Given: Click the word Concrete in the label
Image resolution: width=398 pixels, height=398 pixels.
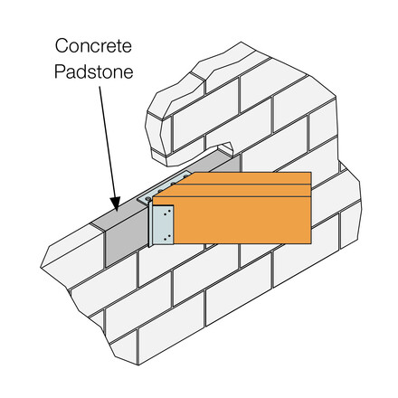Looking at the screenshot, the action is pyautogui.click(x=93, y=46).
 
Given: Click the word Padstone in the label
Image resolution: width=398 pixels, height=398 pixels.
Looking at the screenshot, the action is pyautogui.click(x=94, y=71).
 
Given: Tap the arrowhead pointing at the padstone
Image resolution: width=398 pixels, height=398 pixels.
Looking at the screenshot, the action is pyautogui.click(x=115, y=204).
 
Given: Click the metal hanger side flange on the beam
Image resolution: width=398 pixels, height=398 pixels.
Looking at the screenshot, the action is pyautogui.click(x=163, y=224).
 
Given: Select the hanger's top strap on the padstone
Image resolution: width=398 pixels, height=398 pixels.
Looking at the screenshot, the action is pyautogui.click(x=165, y=186).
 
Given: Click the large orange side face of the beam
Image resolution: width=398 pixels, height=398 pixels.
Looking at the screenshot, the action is pyautogui.click(x=242, y=220).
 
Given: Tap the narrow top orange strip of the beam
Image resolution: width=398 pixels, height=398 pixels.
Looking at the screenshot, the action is pyautogui.click(x=251, y=178).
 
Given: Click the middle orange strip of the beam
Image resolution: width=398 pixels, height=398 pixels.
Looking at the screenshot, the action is pyautogui.click(x=238, y=190).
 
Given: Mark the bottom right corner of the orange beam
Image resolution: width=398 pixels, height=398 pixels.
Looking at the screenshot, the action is pyautogui.click(x=311, y=243).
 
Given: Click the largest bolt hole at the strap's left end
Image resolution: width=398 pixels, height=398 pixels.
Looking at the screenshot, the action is pyautogui.click(x=147, y=199).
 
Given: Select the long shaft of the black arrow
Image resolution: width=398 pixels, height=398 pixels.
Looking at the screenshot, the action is pyautogui.click(x=107, y=142).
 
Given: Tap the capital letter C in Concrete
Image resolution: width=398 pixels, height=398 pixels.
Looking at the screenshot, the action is pyautogui.click(x=62, y=46).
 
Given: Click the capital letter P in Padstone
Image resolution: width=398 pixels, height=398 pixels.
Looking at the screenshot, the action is pyautogui.click(x=60, y=71).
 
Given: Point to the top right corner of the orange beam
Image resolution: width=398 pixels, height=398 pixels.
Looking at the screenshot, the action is pyautogui.click(x=311, y=173).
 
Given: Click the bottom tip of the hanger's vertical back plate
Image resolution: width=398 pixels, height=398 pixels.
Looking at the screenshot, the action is pyautogui.click(x=150, y=247).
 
